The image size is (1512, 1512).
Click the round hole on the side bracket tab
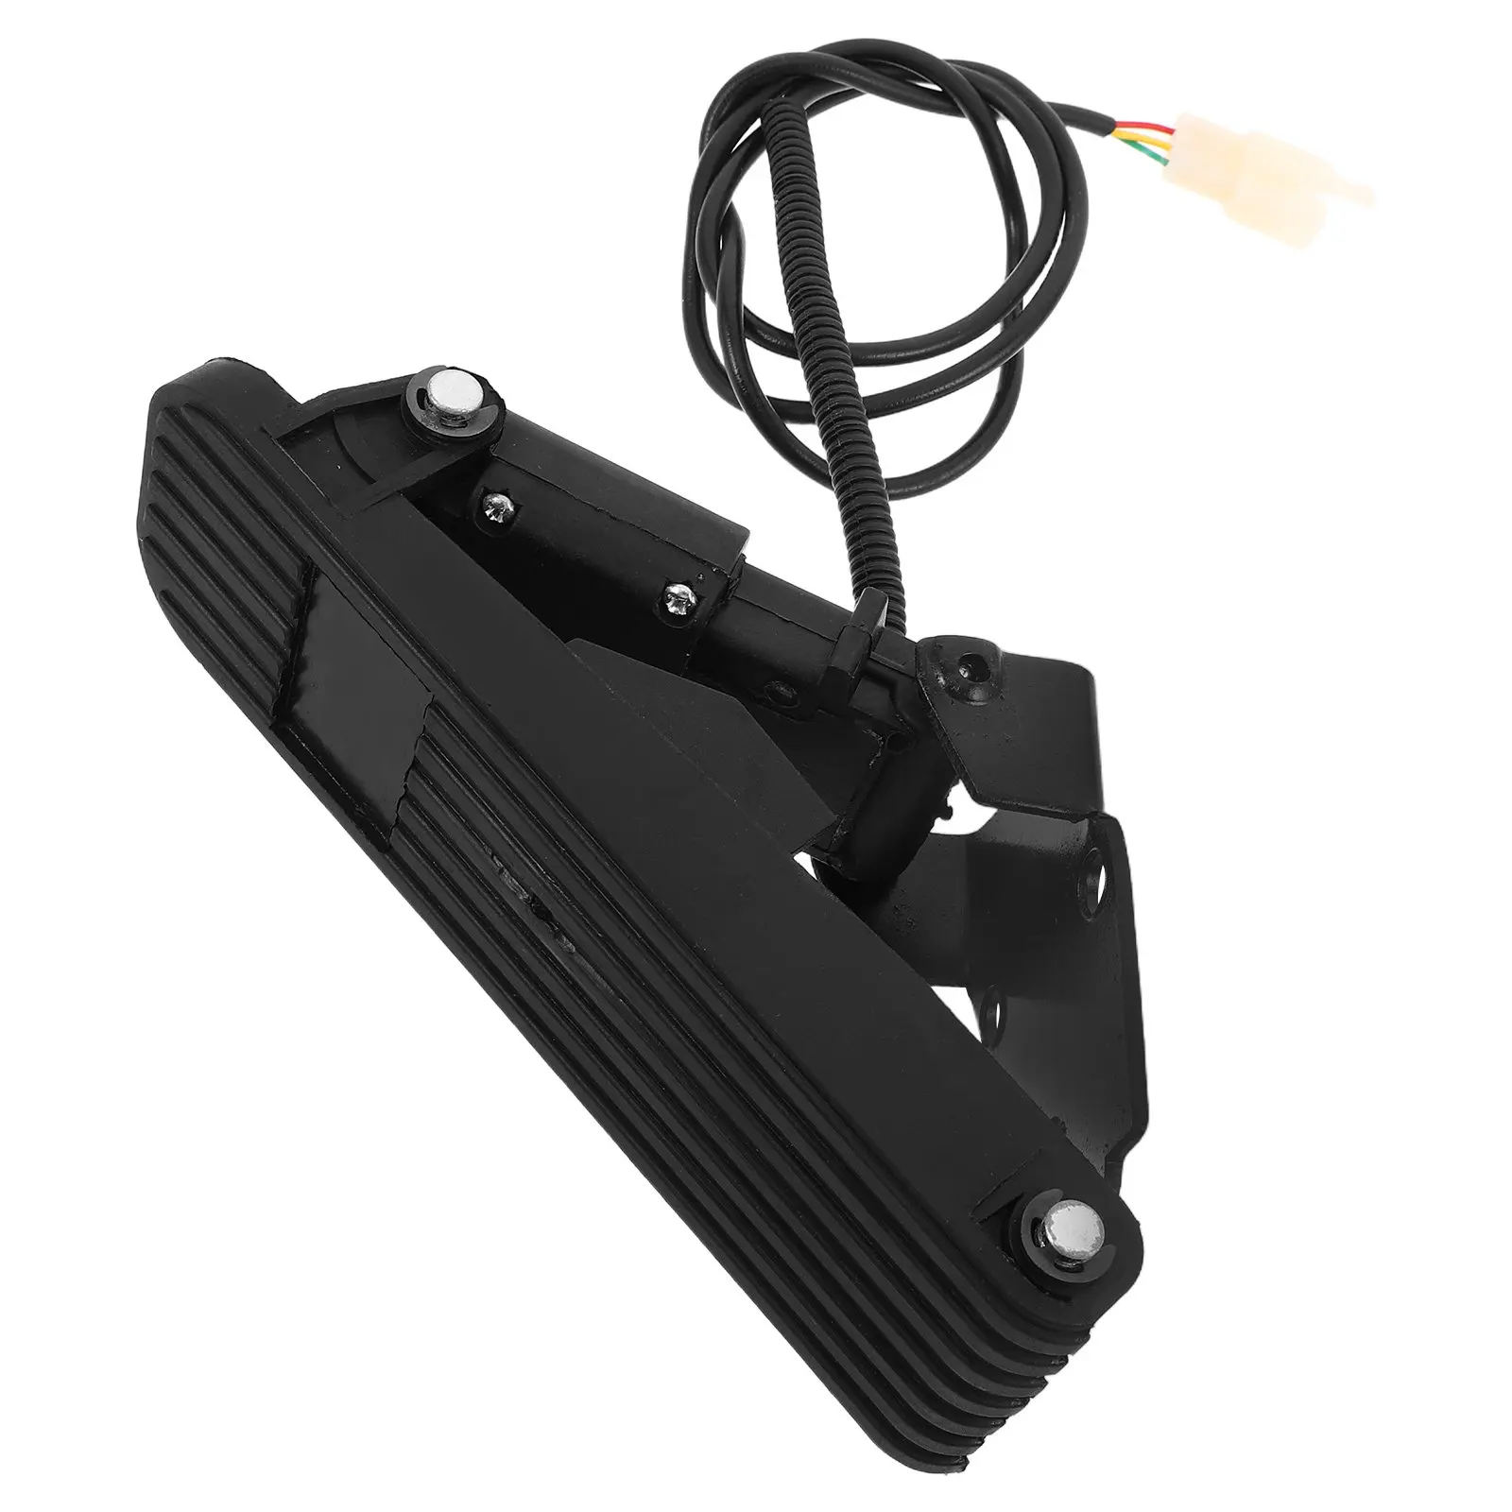1097,862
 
